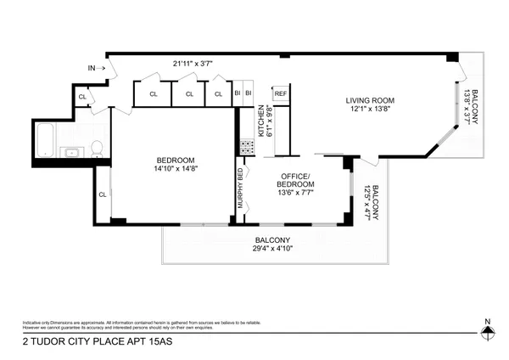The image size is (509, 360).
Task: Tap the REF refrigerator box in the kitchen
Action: tap(280, 93)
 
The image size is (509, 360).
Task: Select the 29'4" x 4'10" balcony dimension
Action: tap(273, 249)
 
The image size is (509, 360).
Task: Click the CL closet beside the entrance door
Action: tap(82, 98)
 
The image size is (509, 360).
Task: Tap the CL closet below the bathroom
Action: tap(102, 194)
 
